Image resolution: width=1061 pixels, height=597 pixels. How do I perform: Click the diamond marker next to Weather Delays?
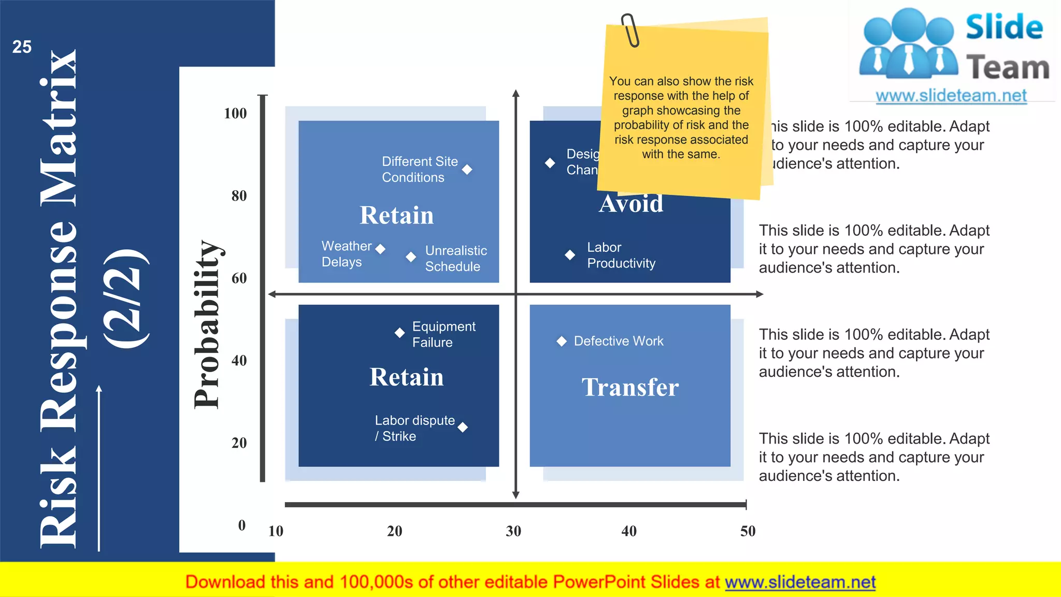[380, 249]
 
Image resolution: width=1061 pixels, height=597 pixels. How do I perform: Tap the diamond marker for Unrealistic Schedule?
[411, 257]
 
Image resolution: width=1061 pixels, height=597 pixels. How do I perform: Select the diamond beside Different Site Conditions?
[467, 169]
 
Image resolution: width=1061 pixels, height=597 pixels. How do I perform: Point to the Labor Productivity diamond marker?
[570, 255]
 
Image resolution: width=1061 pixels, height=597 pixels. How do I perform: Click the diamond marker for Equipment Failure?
[399, 333]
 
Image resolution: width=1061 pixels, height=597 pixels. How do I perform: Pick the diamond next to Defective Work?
[561, 341]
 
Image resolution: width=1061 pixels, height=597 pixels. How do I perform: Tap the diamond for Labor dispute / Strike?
[463, 427]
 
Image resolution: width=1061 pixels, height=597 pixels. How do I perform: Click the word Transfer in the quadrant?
[630, 387]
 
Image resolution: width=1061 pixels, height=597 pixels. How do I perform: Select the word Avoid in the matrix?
[631, 204]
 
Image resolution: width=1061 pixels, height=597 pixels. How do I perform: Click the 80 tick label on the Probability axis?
[239, 196]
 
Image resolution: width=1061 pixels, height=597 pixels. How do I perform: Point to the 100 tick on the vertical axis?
[235, 113]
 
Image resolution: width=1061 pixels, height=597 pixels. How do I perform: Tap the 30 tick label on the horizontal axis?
[513, 531]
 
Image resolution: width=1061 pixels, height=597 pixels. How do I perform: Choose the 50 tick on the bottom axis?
[748, 531]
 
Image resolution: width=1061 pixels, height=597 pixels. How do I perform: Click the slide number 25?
[22, 47]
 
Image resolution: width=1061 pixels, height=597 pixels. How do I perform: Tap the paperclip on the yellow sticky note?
[630, 30]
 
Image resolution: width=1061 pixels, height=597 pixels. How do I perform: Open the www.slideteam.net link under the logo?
[951, 96]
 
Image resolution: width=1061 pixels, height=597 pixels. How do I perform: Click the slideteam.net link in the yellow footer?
[800, 582]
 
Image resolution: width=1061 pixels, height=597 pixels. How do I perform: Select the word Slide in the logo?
[1004, 27]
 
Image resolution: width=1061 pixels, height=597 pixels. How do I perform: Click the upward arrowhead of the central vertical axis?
[515, 93]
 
